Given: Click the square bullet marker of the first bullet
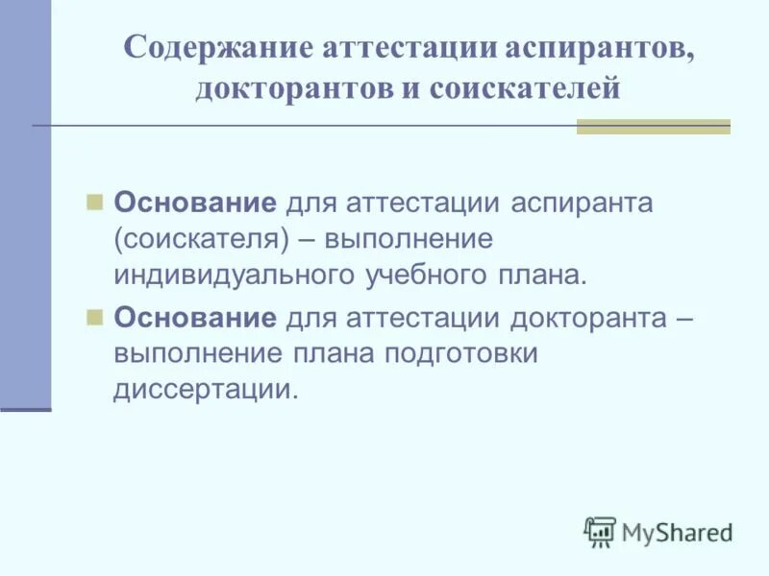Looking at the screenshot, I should [x=94, y=203].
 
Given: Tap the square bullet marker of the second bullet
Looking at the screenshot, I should [x=94, y=318].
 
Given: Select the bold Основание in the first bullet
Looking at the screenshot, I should [x=196, y=204].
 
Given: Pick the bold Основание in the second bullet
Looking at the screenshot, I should [x=196, y=319].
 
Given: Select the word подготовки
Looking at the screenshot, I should [x=459, y=354].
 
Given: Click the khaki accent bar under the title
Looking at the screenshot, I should [x=653, y=127].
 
